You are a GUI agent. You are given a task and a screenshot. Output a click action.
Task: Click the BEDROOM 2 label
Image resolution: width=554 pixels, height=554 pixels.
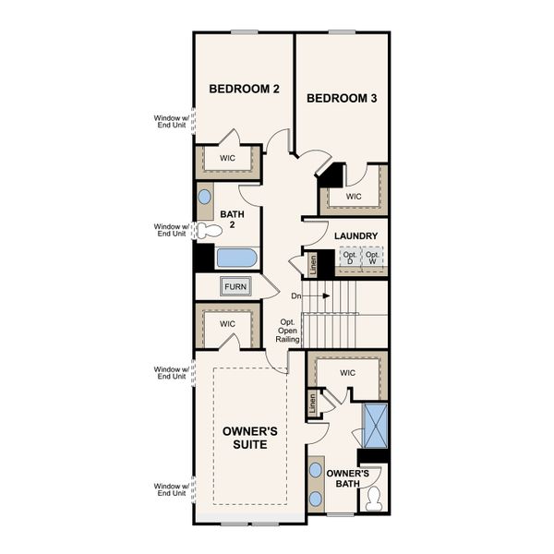[244, 90]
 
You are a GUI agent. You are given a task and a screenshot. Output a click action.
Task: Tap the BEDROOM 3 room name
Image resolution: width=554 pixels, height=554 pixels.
[342, 98]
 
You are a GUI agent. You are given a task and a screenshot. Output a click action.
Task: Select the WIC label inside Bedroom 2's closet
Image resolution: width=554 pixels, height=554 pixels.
[227, 159]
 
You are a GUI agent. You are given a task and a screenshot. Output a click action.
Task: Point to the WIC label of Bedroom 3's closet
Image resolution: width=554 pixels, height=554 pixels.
[354, 197]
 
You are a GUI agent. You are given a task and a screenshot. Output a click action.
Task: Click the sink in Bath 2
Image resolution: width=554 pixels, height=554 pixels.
[204, 197]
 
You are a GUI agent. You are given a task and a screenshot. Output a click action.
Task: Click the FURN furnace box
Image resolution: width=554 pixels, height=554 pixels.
[235, 286]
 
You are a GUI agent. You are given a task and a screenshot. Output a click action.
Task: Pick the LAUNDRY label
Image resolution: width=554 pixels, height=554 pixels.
[355, 236]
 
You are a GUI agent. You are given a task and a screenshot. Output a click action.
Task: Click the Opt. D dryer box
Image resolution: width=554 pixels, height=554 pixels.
[349, 259]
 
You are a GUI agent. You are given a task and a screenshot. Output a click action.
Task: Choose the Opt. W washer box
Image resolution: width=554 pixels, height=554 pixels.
[372, 259]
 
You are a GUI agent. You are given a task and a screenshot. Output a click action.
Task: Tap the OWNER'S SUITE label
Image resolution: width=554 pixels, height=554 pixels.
[245, 438]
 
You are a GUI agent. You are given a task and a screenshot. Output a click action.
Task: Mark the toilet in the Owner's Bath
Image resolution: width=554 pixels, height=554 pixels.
[374, 500]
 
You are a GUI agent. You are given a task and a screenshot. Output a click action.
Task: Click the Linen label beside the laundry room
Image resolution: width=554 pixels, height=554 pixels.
[312, 264]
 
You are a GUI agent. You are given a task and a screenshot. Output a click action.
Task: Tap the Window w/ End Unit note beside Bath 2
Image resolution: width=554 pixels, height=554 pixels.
[169, 230]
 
